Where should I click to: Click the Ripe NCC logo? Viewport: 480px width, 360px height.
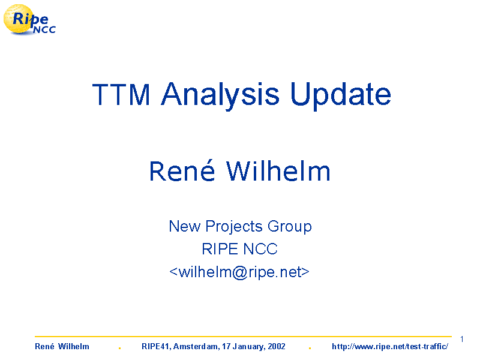coord(29,20)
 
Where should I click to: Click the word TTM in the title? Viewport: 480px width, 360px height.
coord(121,95)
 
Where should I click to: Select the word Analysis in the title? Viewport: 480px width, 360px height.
coord(220,96)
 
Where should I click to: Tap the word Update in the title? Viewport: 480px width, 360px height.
coord(340,96)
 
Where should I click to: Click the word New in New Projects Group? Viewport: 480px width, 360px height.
coord(185,226)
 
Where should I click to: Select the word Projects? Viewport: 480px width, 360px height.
coord(234,227)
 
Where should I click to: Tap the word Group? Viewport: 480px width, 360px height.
coord(290,227)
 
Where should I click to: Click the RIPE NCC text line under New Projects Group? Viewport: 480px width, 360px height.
coord(239,249)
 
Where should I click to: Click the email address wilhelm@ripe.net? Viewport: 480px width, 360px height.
coord(239,272)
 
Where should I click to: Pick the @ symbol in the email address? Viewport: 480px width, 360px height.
coord(239,273)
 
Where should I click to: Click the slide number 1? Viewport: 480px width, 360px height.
coord(461,339)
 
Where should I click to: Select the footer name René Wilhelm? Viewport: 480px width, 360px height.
coord(62,347)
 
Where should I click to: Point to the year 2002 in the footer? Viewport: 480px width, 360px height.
coord(277,347)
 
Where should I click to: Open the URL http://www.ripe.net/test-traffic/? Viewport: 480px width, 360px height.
coord(390,347)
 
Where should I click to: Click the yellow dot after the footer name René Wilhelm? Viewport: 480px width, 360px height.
coord(119,348)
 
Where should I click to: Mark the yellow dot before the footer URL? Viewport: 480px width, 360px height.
coord(310,348)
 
